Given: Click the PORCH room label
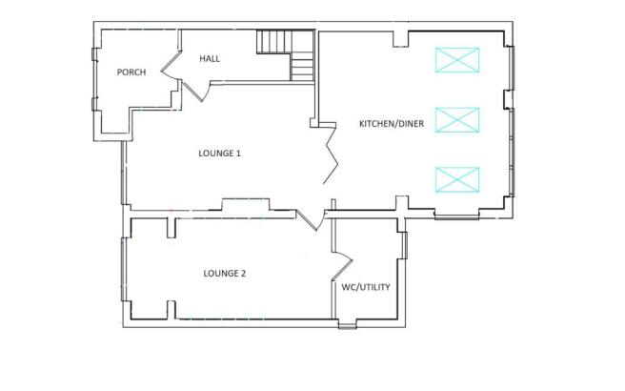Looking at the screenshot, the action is (131, 72).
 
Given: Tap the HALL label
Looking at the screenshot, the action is (210, 59).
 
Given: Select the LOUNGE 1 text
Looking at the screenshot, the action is (220, 154).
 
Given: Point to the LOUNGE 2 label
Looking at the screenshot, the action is (225, 274).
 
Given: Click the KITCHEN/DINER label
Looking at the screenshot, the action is (392, 124).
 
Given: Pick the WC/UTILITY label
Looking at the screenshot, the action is (366, 287).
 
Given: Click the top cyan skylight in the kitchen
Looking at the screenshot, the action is (457, 60).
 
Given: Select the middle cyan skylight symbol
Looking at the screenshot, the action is (457, 120).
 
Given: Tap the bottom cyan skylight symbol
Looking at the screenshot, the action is (457, 179).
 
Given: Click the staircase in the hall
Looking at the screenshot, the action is (286, 55).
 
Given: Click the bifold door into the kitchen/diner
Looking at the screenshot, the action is (330, 154).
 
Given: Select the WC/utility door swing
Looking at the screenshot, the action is (342, 264).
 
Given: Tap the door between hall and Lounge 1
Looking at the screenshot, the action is (195, 91).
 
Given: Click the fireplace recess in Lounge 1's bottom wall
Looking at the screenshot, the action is (246, 204).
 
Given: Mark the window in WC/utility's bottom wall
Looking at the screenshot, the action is (347, 324).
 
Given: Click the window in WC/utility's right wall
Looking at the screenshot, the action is (404, 245).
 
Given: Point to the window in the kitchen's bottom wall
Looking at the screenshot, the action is (456, 216).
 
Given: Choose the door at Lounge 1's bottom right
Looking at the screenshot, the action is (310, 220).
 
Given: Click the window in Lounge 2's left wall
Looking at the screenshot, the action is (124, 269).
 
